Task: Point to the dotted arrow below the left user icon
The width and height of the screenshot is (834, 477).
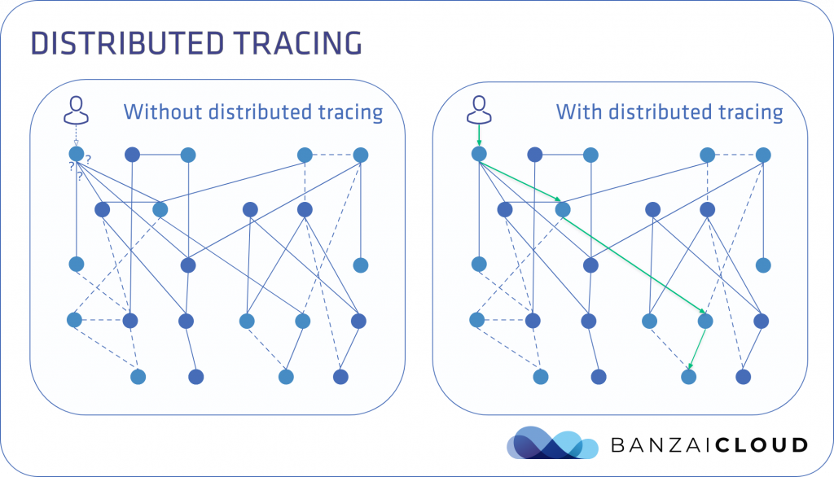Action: click(77, 136)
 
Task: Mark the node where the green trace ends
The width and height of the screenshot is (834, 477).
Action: click(689, 376)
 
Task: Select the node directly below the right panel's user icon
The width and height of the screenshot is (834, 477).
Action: click(479, 153)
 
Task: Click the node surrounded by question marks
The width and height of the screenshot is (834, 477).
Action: click(77, 154)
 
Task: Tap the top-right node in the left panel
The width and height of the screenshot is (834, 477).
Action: click(361, 154)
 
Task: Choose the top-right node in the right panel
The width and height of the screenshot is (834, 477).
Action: click(763, 154)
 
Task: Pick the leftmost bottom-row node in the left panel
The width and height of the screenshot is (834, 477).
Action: click(138, 376)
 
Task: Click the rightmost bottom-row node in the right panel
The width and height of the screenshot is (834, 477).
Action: click(743, 376)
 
